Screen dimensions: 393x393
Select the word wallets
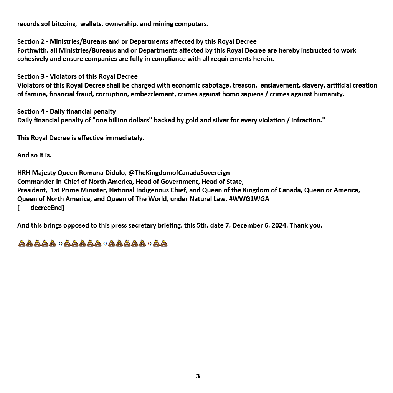click(91, 24)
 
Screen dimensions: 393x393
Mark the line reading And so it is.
click(35, 155)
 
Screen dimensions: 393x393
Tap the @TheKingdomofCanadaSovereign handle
click(179, 173)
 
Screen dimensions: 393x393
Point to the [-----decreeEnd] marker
click(41, 208)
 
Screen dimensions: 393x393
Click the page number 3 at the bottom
click(198, 376)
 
